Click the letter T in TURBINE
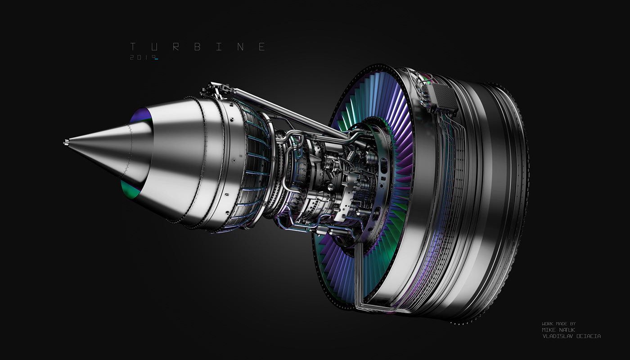click(x=133, y=47)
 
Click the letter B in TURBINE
click(x=197, y=47)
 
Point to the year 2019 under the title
click(x=140, y=58)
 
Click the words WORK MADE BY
click(x=558, y=324)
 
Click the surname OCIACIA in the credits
click(x=587, y=336)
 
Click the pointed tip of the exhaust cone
click(x=66, y=143)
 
